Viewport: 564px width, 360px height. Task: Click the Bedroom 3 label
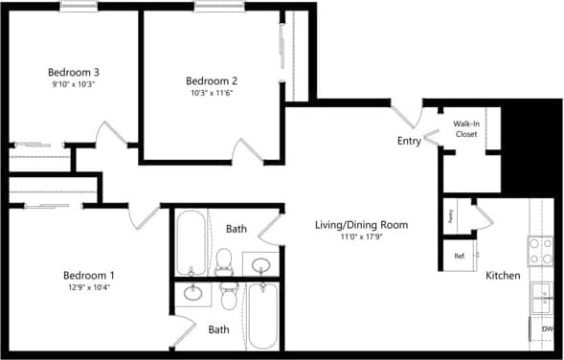[x=76, y=72]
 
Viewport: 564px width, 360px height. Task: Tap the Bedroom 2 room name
[x=212, y=80]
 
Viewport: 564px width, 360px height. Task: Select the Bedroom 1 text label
[x=88, y=274]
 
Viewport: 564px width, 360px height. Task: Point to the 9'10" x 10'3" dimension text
[x=76, y=85]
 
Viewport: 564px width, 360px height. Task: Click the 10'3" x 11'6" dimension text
[x=212, y=94]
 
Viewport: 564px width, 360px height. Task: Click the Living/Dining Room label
[x=362, y=226]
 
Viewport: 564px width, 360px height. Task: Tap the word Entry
[x=409, y=142]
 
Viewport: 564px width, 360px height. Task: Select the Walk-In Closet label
[x=465, y=128]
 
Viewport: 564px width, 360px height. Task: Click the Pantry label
[x=449, y=214]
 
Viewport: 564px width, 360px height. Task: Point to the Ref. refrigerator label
[x=460, y=256]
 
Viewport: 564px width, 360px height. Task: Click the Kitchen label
[x=503, y=276]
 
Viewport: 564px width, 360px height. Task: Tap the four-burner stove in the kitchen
[x=541, y=251]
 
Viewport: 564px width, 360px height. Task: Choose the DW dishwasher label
[x=548, y=330]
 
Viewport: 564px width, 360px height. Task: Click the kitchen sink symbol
[x=543, y=298]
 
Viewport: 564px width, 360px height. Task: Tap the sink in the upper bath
[x=259, y=264]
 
